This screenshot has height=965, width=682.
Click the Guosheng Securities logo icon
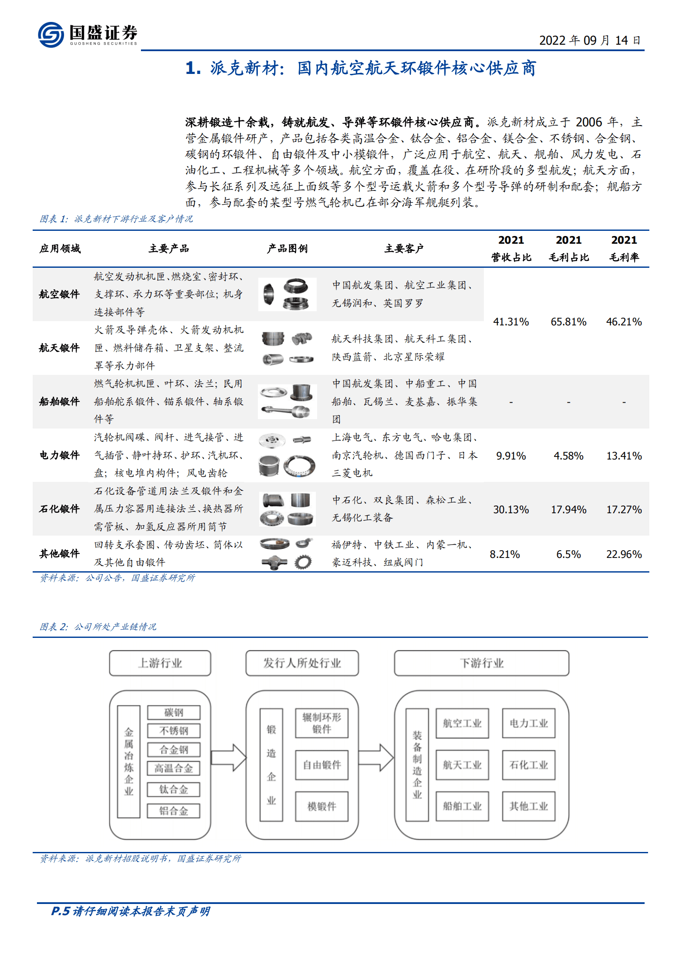tap(51, 34)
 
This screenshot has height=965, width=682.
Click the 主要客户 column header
tap(404, 248)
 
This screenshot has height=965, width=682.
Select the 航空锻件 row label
tap(59, 294)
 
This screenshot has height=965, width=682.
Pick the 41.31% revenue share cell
tap(511, 322)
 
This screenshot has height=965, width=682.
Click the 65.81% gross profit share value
tap(569, 322)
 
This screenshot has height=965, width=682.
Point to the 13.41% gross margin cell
tap(624, 456)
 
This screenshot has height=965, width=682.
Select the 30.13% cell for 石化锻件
tap(511, 509)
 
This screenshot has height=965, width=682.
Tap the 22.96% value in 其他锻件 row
tap(624, 554)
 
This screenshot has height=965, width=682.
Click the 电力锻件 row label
tap(59, 455)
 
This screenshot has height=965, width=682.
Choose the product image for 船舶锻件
tap(287, 401)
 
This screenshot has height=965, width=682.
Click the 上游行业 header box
tap(160, 663)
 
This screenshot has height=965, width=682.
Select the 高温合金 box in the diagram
tap(174, 768)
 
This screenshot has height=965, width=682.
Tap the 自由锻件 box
tap(321, 765)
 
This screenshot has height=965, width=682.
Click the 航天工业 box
tap(462, 765)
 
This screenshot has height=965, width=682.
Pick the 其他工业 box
tap(529, 806)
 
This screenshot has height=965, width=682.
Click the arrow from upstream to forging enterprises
tap(228, 757)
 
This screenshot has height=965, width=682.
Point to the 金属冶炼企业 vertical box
tap(128, 761)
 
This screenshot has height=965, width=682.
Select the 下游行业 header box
tap(481, 663)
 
